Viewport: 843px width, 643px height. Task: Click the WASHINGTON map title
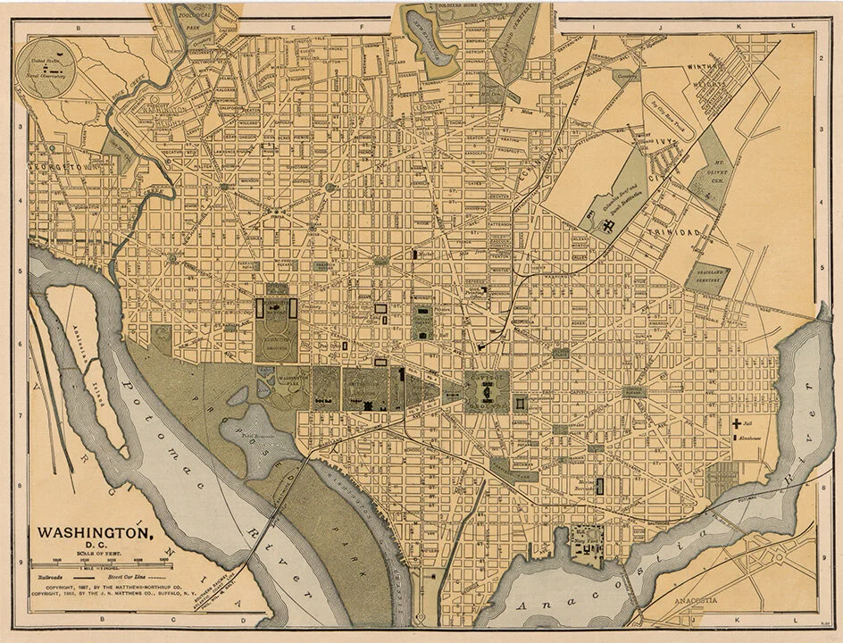click(93, 532)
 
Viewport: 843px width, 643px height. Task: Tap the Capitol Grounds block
click(487, 391)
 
